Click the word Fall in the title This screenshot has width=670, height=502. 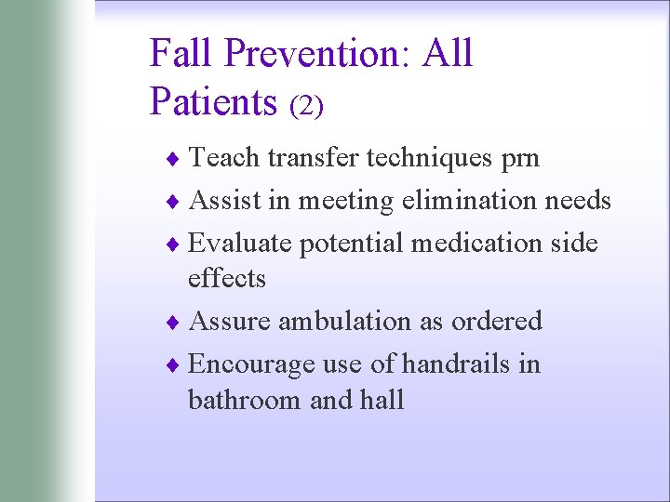tap(182, 53)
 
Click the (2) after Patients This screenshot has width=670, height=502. tap(306, 106)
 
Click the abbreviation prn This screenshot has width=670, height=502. tap(518, 159)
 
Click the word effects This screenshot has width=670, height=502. tap(227, 278)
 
